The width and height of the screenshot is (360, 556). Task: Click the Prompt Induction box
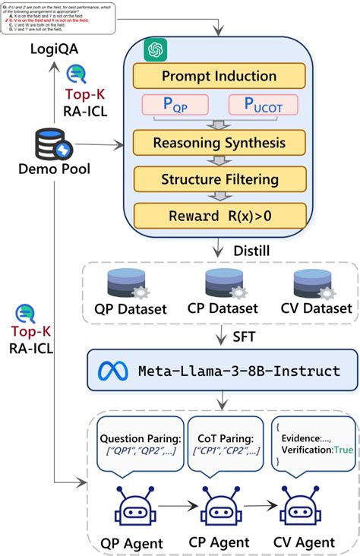(x=219, y=76)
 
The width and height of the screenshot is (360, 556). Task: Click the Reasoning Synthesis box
(x=219, y=142)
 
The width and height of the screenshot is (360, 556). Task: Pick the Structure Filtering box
(x=219, y=179)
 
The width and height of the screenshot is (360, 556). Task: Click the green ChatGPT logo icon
(x=156, y=50)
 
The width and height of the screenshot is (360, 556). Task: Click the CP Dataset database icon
(x=226, y=283)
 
